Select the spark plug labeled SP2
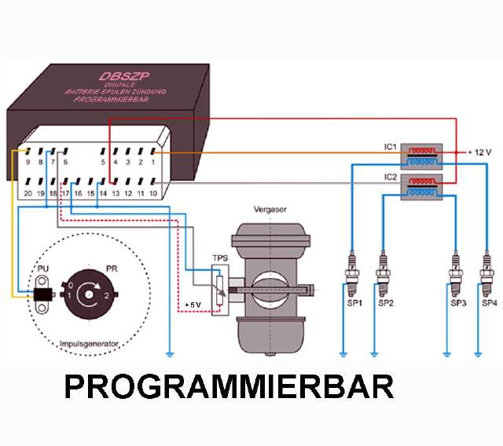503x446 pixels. click(383, 271)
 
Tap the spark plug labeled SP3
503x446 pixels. click(454, 271)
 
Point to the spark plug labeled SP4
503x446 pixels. click(487, 271)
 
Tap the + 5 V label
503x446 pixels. click(193, 305)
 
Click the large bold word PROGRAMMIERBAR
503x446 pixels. click(228, 387)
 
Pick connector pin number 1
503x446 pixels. click(152, 163)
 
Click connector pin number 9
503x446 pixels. click(28, 163)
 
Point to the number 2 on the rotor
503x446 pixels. click(106, 295)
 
